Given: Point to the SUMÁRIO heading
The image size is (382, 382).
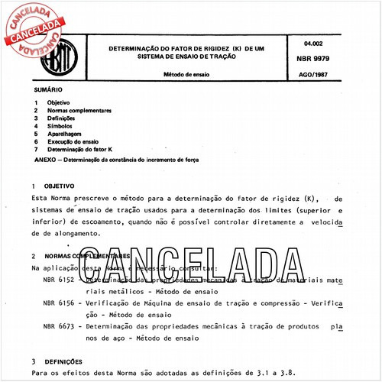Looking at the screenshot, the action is (x=48, y=90).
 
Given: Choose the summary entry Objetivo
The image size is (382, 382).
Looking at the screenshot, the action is (x=59, y=102).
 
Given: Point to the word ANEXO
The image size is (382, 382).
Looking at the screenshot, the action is (x=46, y=160).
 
